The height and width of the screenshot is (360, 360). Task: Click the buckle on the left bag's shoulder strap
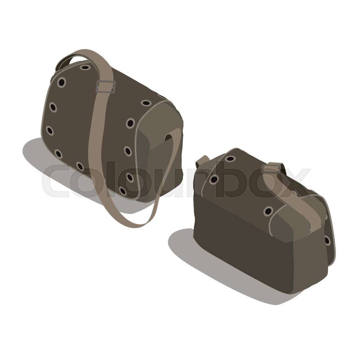pyautogui.click(x=105, y=87)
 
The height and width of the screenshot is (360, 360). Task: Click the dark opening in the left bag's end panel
pyautogui.click(x=168, y=138)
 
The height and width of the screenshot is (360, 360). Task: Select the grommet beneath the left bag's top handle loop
pyautogui.click(x=85, y=67)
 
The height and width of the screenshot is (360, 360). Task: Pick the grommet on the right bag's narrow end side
pyautogui.click(x=327, y=241)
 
